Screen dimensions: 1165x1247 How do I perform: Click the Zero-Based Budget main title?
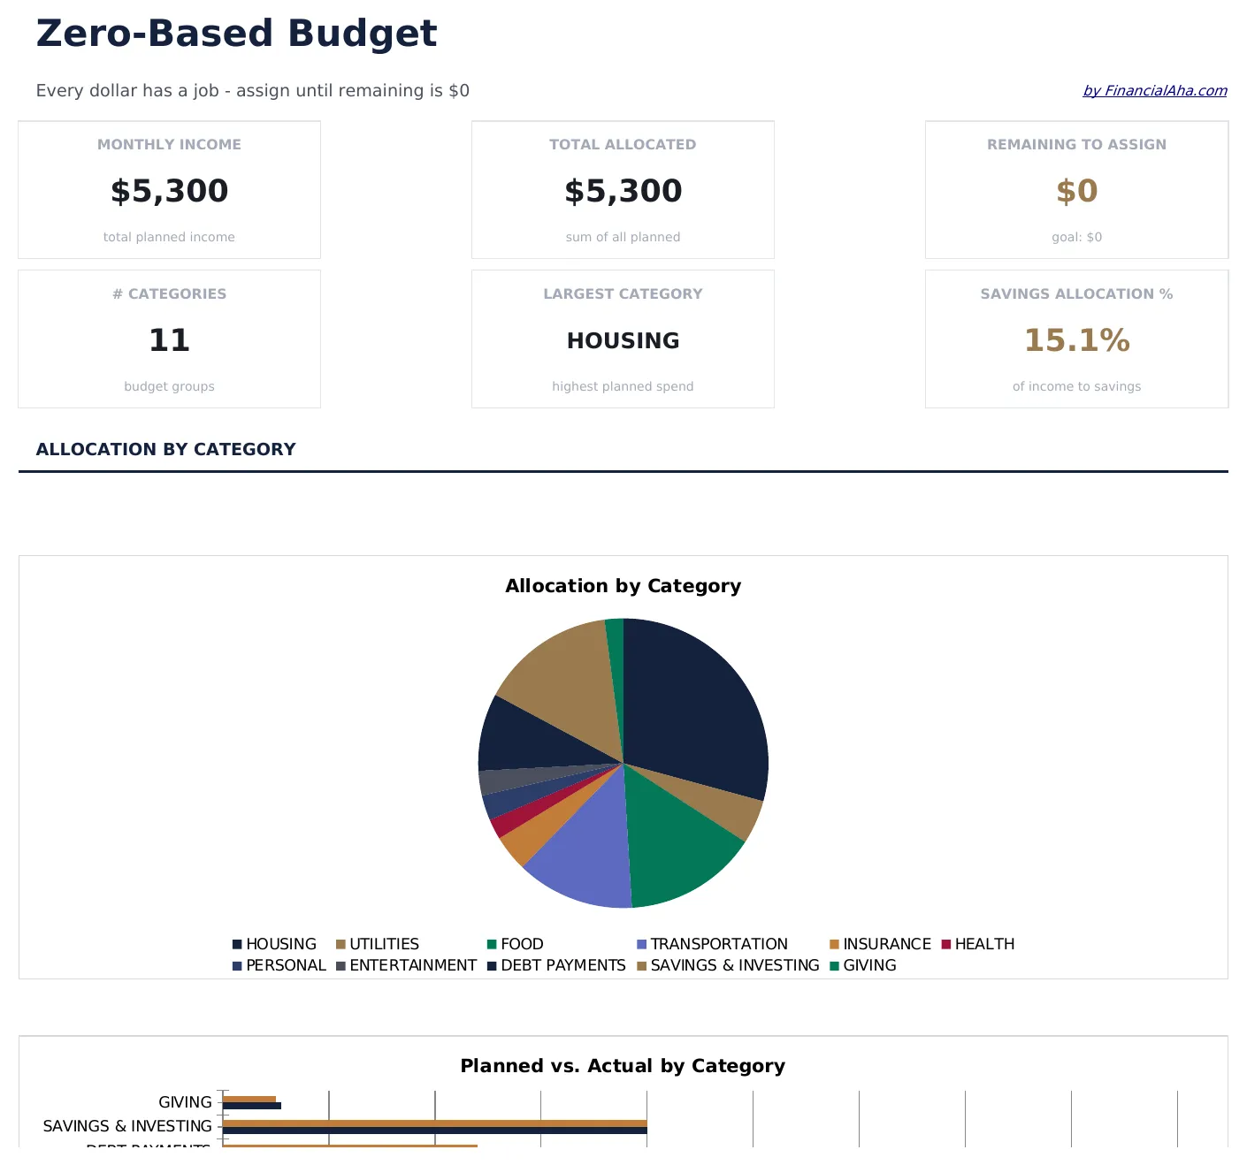tap(236, 34)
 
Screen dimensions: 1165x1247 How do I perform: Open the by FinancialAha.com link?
tap(1154, 90)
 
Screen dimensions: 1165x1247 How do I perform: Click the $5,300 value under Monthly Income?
tap(169, 191)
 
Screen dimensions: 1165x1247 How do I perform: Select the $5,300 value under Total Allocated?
tap(623, 191)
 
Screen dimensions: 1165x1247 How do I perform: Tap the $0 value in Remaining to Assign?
tap(1076, 191)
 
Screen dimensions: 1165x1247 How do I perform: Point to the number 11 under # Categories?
tap(169, 340)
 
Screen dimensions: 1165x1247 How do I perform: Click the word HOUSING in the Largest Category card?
tap(623, 340)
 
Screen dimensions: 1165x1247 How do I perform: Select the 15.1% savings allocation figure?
tap(1076, 340)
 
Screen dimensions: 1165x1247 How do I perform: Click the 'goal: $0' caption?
tap(1076, 237)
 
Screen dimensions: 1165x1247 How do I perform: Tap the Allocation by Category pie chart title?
tap(623, 586)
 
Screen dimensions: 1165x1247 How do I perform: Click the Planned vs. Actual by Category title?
tap(623, 1066)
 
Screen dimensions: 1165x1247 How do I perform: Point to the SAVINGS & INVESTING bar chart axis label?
tap(127, 1126)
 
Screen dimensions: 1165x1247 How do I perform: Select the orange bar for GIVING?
tap(249, 1099)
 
